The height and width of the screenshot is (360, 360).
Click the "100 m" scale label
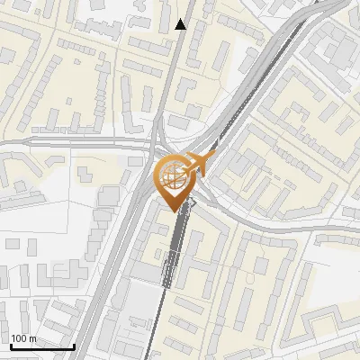tap(23, 338)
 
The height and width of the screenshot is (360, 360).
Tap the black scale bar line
tap(41, 346)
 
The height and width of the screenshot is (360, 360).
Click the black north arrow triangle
tap(182, 24)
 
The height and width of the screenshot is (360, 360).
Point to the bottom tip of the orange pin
tap(173, 211)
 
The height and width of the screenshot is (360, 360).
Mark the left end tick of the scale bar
tap(10, 344)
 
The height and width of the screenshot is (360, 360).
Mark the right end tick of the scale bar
tap(74, 344)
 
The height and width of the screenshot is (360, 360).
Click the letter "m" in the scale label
tap(32, 338)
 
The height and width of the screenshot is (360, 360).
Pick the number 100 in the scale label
tap(19, 338)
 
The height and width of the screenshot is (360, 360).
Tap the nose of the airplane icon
tap(214, 156)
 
